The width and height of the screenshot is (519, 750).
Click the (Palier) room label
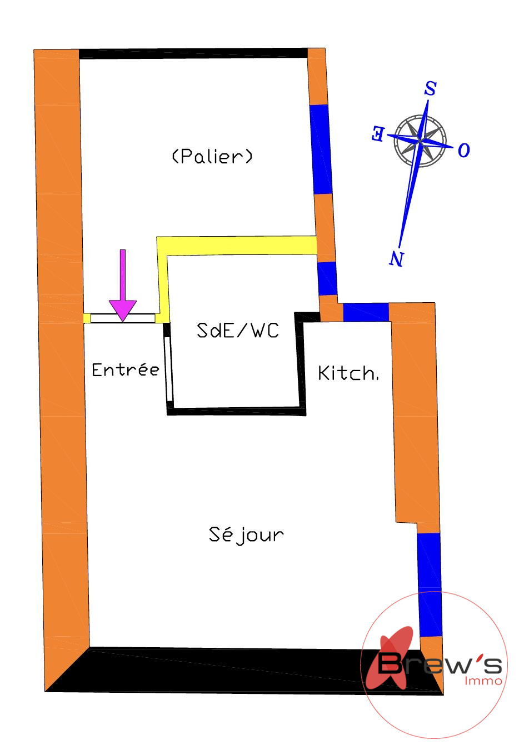click(x=212, y=156)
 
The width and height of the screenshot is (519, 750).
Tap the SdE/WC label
click(x=237, y=331)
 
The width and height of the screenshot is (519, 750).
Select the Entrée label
click(x=126, y=369)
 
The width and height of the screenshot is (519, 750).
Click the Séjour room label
click(x=246, y=534)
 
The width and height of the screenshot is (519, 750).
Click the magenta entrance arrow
click(x=123, y=285)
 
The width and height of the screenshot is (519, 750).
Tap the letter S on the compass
click(x=430, y=88)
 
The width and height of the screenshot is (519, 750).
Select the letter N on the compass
click(x=396, y=258)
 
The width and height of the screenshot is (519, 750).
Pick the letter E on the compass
click(x=378, y=133)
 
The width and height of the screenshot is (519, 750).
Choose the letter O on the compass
click(x=464, y=151)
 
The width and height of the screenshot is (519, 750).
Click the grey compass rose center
click(x=420, y=141)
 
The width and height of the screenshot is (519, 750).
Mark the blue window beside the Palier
click(x=321, y=149)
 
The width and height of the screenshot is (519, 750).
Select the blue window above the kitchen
click(x=366, y=312)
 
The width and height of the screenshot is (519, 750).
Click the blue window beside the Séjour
click(x=430, y=584)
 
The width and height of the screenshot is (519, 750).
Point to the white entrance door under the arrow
click(x=123, y=318)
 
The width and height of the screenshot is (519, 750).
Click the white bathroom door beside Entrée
click(x=168, y=369)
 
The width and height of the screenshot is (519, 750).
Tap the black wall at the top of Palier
click(x=193, y=53)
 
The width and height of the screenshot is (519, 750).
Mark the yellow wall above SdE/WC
click(x=237, y=246)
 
